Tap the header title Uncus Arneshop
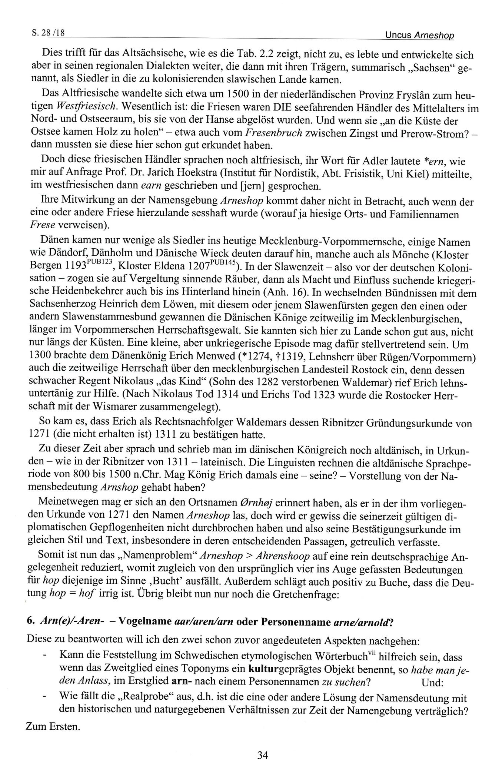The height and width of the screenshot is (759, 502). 419,35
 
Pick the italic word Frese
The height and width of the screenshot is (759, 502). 42,225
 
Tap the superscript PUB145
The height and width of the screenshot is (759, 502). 223,263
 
